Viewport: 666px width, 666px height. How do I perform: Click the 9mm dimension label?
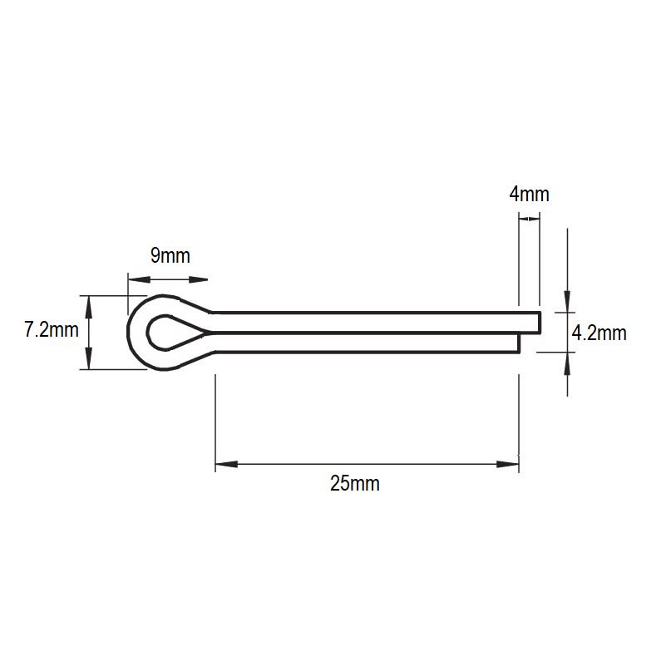170,255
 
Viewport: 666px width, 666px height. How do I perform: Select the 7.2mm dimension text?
52,330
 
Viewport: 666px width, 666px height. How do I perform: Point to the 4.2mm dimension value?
599,333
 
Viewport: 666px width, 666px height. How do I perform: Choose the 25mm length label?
354,483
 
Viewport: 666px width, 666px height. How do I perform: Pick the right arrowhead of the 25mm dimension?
508,463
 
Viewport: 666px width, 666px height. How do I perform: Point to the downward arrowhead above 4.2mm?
568,303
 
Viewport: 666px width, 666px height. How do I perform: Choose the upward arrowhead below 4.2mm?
568,362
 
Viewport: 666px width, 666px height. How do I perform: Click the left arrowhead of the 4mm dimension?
523,219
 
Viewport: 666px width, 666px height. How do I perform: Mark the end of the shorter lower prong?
520,342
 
